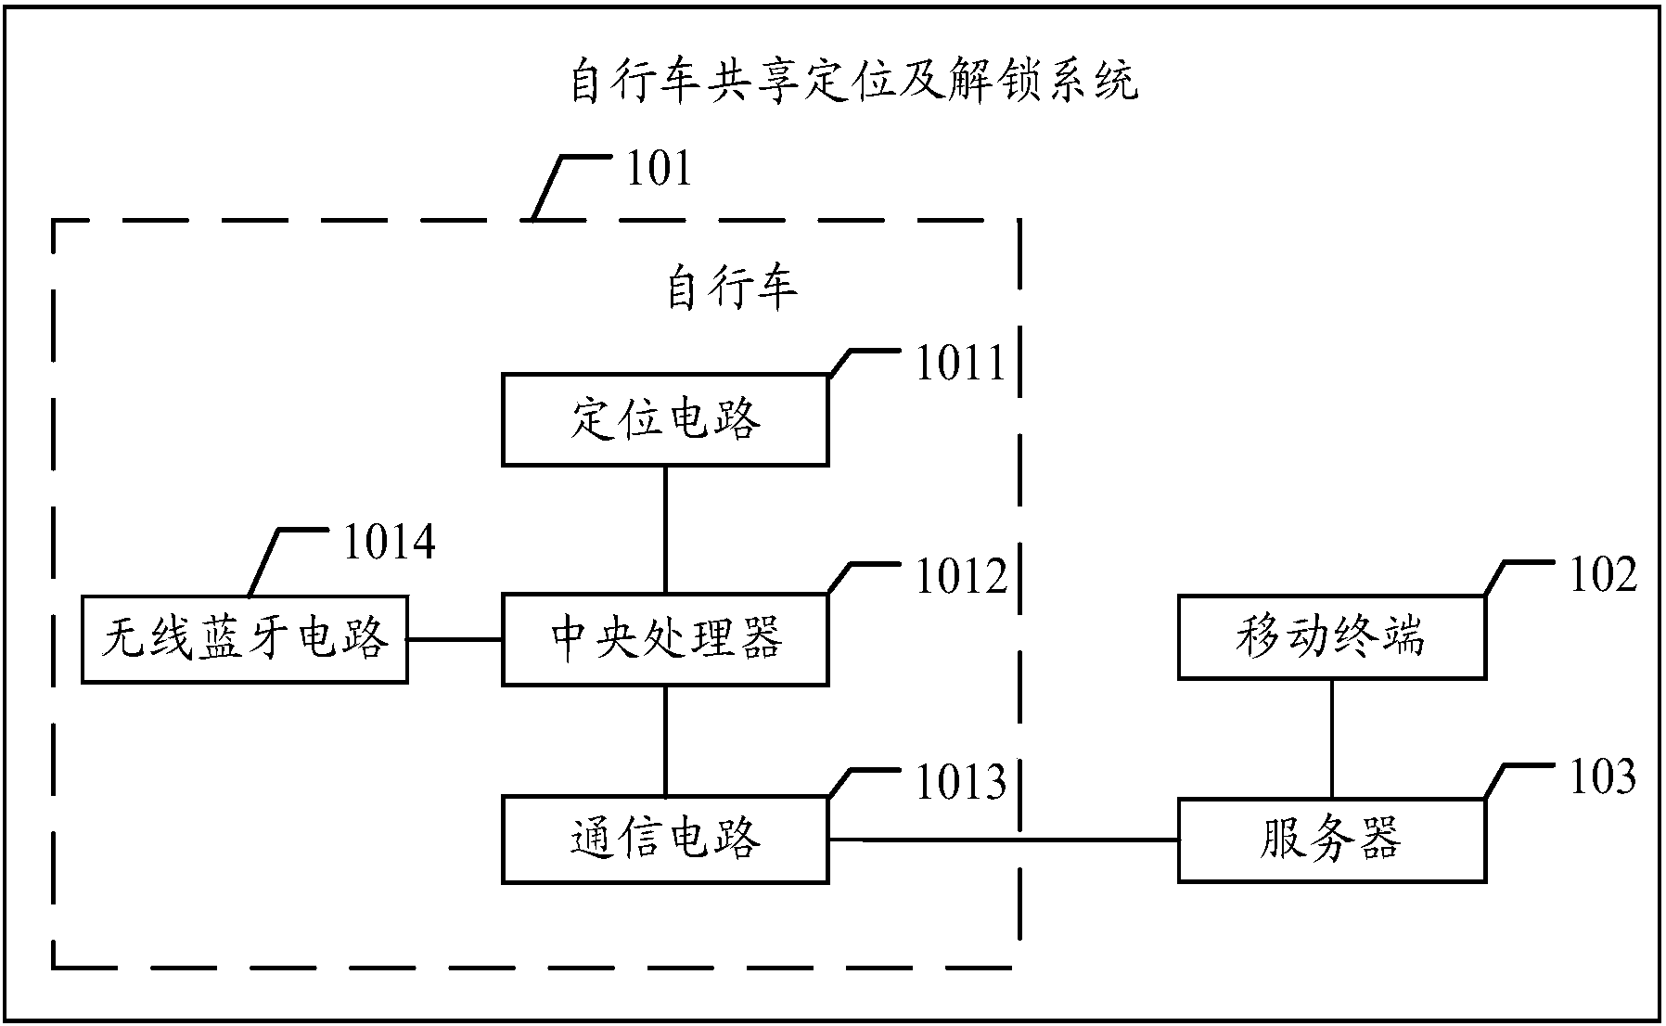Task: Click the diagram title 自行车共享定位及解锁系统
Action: (x=852, y=83)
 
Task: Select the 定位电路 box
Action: (x=664, y=419)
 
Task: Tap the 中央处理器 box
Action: (x=664, y=639)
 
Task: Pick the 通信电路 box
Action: (x=664, y=839)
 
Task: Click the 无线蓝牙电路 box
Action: (x=244, y=639)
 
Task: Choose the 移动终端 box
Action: (x=1331, y=637)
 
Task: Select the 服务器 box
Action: (x=1331, y=839)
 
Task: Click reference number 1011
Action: (x=960, y=364)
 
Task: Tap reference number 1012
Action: (x=960, y=577)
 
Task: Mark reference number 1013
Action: (x=960, y=782)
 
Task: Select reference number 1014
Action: (x=389, y=543)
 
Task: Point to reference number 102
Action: (x=1602, y=575)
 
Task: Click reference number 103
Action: (x=1602, y=777)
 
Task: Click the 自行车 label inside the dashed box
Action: (x=732, y=289)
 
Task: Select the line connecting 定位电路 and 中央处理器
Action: (x=665, y=529)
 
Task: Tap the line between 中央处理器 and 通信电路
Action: (x=665, y=739)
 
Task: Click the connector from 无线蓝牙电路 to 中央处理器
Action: (x=455, y=639)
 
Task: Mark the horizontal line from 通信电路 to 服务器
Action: (x=1002, y=840)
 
